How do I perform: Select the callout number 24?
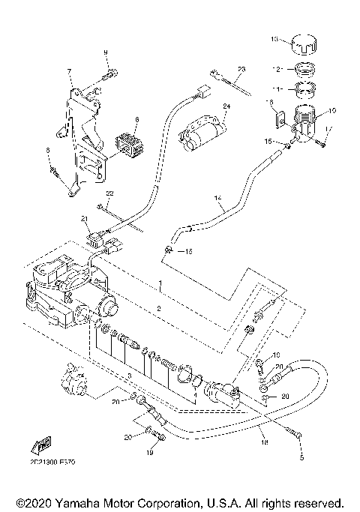(x=226, y=106)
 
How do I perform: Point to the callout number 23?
(x=241, y=69)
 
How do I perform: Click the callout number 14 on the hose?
(x=218, y=200)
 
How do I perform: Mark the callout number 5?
(x=302, y=457)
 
